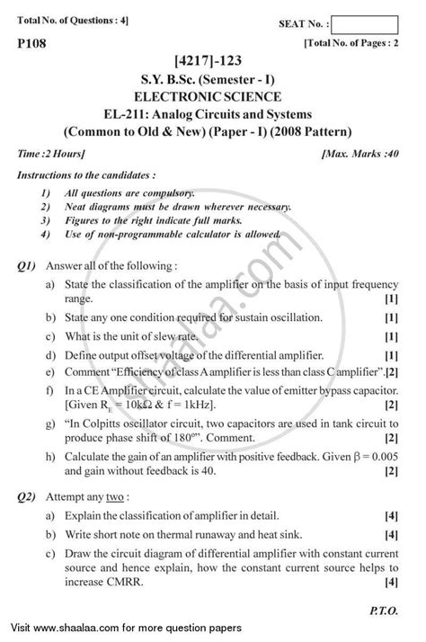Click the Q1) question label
[x=27, y=266]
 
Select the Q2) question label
[x=27, y=498]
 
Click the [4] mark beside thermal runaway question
[x=391, y=539]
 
